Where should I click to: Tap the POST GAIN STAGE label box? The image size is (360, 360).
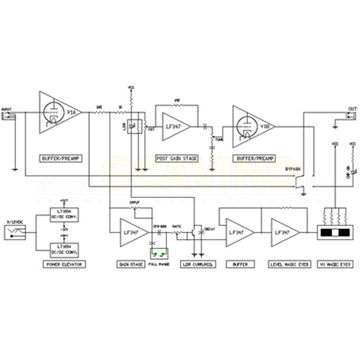point(176,158)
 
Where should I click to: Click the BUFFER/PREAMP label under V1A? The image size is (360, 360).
point(61,158)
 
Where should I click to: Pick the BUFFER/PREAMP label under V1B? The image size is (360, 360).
point(254,158)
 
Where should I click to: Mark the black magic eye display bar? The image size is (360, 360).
point(335,233)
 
